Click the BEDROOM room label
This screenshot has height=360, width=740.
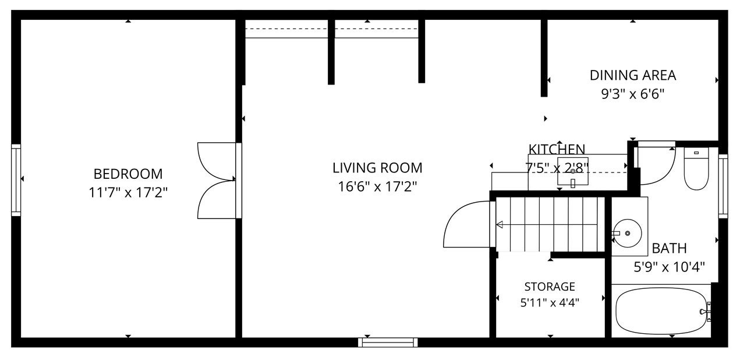128,174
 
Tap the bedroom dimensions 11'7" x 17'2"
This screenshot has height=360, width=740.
128,192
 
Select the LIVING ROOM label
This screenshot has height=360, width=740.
377,168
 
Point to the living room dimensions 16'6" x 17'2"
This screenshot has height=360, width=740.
377,187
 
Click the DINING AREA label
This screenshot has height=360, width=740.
633,75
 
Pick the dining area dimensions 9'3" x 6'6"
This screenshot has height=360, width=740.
633,94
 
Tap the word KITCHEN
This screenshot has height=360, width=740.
557,150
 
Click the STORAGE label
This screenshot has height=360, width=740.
550,287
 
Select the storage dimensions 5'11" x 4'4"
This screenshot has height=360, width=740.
550,302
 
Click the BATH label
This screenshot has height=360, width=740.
670,248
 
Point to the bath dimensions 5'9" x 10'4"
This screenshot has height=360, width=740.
670,267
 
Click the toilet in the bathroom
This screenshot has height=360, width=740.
696,168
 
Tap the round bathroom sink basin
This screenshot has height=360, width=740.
628,234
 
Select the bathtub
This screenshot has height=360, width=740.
661,311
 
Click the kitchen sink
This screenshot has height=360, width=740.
573,171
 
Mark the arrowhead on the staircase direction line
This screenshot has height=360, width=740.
500,225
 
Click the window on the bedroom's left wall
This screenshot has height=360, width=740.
16,180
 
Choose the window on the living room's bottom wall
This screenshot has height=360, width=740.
388,343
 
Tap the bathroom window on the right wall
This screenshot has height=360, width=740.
723,186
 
